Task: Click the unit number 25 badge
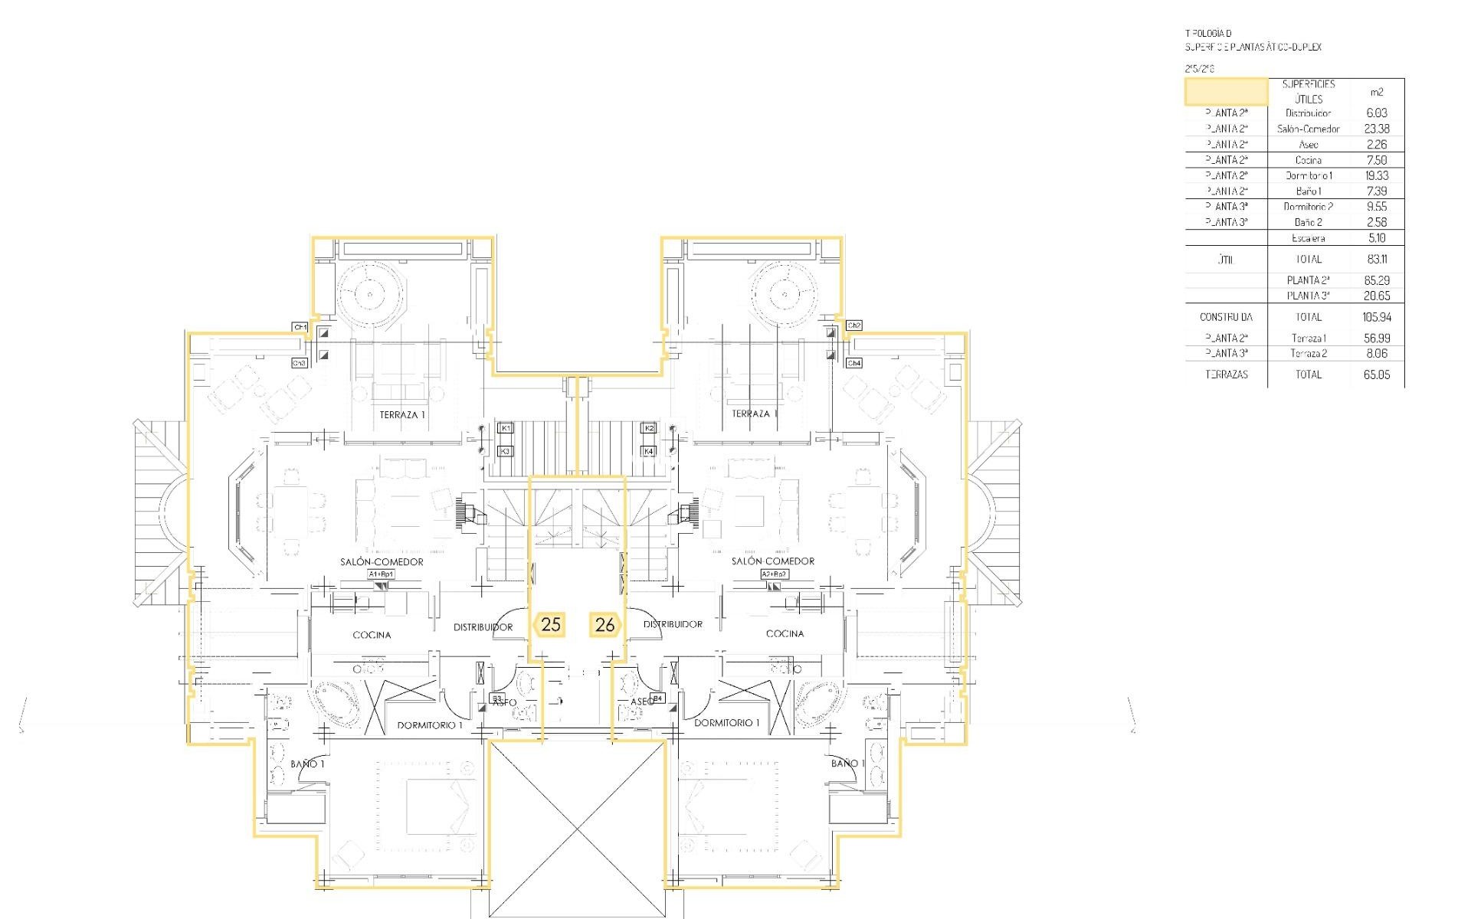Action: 551,624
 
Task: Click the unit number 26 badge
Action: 604,624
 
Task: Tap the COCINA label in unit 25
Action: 372,635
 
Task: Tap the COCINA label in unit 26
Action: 785,633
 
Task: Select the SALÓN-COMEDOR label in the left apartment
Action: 382,561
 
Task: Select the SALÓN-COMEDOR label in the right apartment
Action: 772,561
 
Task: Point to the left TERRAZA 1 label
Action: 402,414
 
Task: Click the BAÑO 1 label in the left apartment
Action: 308,764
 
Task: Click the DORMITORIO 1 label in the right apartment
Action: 726,722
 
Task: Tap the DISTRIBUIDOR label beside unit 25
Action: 483,627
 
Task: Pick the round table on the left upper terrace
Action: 370,294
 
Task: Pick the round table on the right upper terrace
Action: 785,294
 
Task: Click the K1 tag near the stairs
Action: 506,428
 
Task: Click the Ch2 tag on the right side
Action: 854,325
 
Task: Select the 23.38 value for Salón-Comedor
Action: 1376,129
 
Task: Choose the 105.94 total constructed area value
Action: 1376,316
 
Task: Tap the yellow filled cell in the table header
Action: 1226,91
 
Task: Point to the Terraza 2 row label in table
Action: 1308,353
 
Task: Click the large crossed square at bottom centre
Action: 577,829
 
